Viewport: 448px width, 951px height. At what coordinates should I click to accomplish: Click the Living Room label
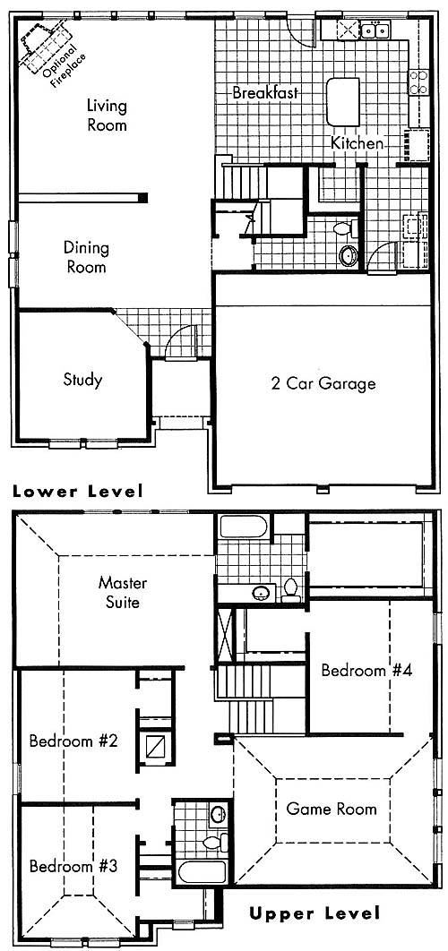coord(107,116)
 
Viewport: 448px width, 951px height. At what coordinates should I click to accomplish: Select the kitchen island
coord(343,101)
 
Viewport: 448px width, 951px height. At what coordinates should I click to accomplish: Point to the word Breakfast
coord(265,93)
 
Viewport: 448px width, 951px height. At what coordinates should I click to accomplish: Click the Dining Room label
coord(86,257)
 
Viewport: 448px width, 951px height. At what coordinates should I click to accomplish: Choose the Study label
coord(82,381)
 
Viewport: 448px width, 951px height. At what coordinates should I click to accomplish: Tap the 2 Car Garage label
coord(323,383)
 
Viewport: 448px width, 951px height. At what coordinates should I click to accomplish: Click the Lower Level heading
coord(78,492)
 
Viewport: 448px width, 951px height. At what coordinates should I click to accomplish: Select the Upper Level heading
coord(314,913)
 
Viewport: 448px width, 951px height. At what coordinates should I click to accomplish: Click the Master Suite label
coord(123,593)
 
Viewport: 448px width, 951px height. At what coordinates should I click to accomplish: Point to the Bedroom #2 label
coord(73,741)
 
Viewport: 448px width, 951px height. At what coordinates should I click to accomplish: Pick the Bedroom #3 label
coord(73,866)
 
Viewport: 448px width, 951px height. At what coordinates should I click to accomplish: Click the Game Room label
coord(331,809)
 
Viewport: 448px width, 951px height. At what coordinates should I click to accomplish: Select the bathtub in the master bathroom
coord(244,526)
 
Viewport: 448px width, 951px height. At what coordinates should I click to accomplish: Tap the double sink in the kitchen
coord(374,29)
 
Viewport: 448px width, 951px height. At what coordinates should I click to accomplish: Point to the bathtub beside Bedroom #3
coord(202,872)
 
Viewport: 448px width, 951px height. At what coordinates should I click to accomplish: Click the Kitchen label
coord(357,144)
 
